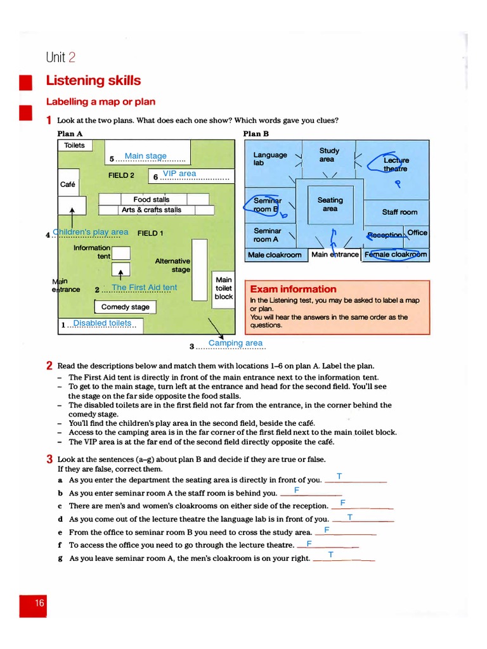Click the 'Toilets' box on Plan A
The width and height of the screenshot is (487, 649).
pyautogui.click(x=74, y=146)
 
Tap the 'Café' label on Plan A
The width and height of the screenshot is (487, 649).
pyautogui.click(x=67, y=185)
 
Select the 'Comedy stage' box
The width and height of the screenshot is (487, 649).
pyautogui.click(x=126, y=307)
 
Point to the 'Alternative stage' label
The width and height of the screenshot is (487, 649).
pyautogui.click(x=172, y=265)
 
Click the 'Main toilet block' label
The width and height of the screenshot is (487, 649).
pyautogui.click(x=224, y=288)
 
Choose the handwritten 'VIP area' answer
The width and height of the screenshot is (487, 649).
pyautogui.click(x=179, y=174)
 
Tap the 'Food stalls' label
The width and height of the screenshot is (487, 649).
pyautogui.click(x=152, y=200)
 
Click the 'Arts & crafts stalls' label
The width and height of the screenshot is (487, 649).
pyautogui.click(x=152, y=210)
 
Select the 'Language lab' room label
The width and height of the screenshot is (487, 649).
pyautogui.click(x=270, y=159)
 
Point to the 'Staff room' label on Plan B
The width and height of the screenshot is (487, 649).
pyautogui.click(x=399, y=212)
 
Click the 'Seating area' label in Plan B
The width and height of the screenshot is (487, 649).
pyautogui.click(x=330, y=204)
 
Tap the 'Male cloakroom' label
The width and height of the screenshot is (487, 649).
pyautogui.click(x=275, y=255)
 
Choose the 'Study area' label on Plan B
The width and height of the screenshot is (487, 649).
pyautogui.click(x=329, y=155)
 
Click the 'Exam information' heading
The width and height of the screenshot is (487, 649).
pyautogui.click(x=293, y=289)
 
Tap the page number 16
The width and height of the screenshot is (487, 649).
pyautogui.click(x=39, y=603)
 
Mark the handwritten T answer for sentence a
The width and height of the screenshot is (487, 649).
pyautogui.click(x=339, y=476)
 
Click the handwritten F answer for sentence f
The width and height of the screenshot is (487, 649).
pyautogui.click(x=309, y=543)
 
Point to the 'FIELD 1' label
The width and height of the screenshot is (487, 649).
pyautogui.click(x=150, y=233)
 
